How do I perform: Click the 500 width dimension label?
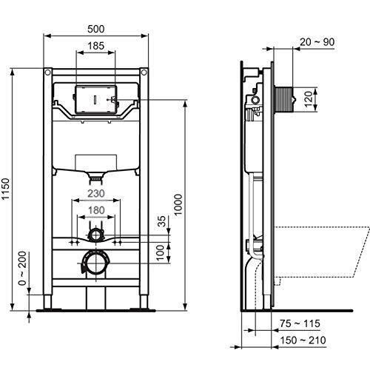(x=95, y=28)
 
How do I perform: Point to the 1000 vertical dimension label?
(x=178, y=205)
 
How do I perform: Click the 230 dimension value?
(x=95, y=195)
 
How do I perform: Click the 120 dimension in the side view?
(x=312, y=96)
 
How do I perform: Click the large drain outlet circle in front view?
(x=95, y=262)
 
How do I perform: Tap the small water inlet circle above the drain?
(x=95, y=235)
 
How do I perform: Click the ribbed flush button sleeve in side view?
(x=286, y=96)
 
